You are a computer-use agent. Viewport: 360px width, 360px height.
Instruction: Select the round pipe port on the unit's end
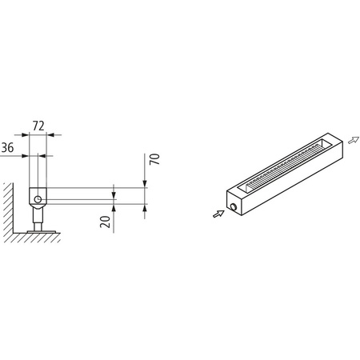[233, 207]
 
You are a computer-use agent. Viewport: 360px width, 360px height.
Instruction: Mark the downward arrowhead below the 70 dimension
[146, 185]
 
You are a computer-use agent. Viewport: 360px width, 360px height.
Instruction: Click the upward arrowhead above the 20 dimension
[115, 206]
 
